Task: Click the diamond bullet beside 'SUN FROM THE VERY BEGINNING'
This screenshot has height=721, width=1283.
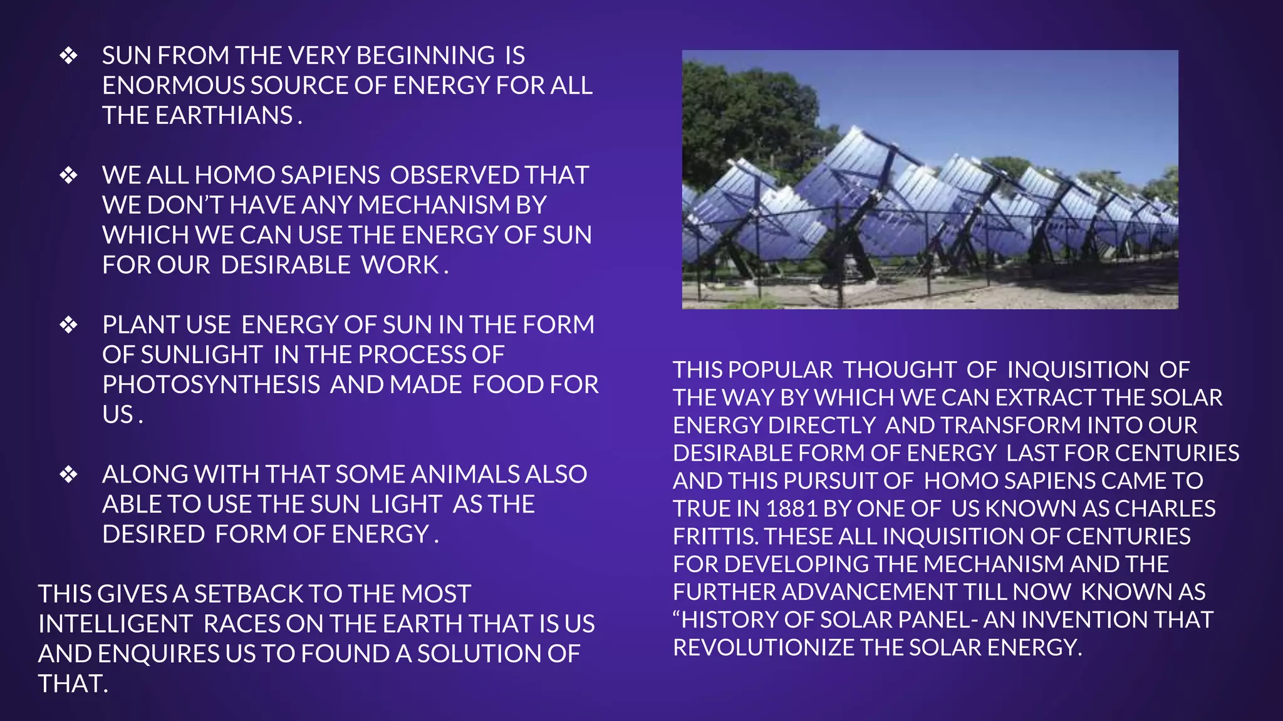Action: [68, 56]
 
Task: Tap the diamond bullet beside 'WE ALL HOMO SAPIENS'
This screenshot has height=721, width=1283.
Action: [68, 175]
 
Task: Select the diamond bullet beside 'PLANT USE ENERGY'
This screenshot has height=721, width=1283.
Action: [68, 325]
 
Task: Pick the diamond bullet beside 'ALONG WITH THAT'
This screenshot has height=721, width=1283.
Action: [68, 474]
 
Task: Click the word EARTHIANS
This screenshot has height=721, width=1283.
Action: [224, 116]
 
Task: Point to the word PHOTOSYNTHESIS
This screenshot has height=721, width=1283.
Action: [211, 385]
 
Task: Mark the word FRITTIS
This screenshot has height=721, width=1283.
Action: [714, 536]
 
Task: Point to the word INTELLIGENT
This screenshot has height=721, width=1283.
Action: [115, 624]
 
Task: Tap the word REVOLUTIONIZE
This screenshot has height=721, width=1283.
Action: [763, 648]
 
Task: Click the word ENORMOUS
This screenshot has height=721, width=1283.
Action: [173, 86]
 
